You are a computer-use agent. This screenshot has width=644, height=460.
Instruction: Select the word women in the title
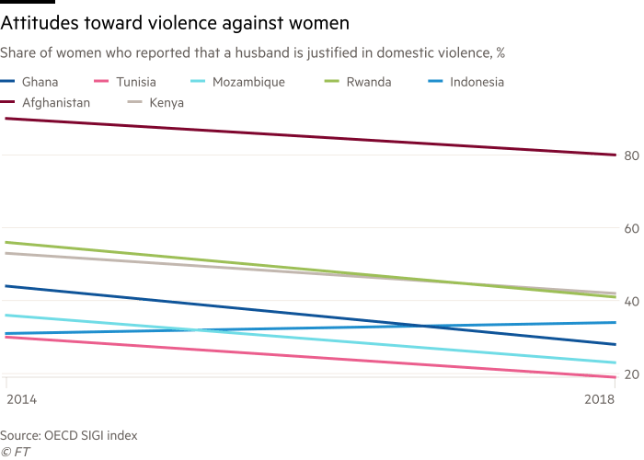point(320,21)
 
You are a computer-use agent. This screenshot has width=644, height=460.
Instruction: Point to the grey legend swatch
point(133,104)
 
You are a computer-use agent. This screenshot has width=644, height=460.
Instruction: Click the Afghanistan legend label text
point(61,104)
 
